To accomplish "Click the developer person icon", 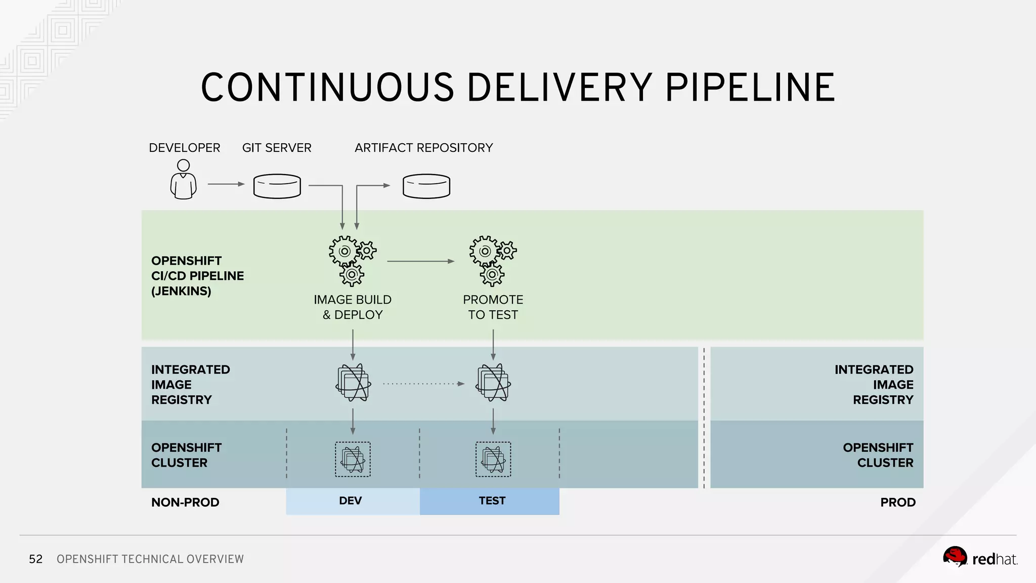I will tap(183, 180).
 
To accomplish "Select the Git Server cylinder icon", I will tap(277, 186).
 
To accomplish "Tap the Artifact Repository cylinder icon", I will tap(426, 186).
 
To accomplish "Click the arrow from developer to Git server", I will tap(226, 184).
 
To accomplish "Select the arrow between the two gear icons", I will tap(420, 261).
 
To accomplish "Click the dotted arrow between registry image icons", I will tap(423, 384).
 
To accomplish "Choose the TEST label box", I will tap(490, 501).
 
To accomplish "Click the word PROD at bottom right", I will tap(897, 503).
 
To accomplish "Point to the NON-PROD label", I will tap(185, 503).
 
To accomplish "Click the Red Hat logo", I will tap(979, 558).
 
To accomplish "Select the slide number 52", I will tap(35, 559).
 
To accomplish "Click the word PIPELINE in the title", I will tap(750, 88).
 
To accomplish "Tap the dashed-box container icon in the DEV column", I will tap(353, 460).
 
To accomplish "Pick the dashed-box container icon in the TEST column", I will tap(493, 460).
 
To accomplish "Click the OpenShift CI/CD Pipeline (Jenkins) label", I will tap(197, 276).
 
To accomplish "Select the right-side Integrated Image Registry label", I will tap(874, 385).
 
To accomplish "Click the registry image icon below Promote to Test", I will tap(493, 383).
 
